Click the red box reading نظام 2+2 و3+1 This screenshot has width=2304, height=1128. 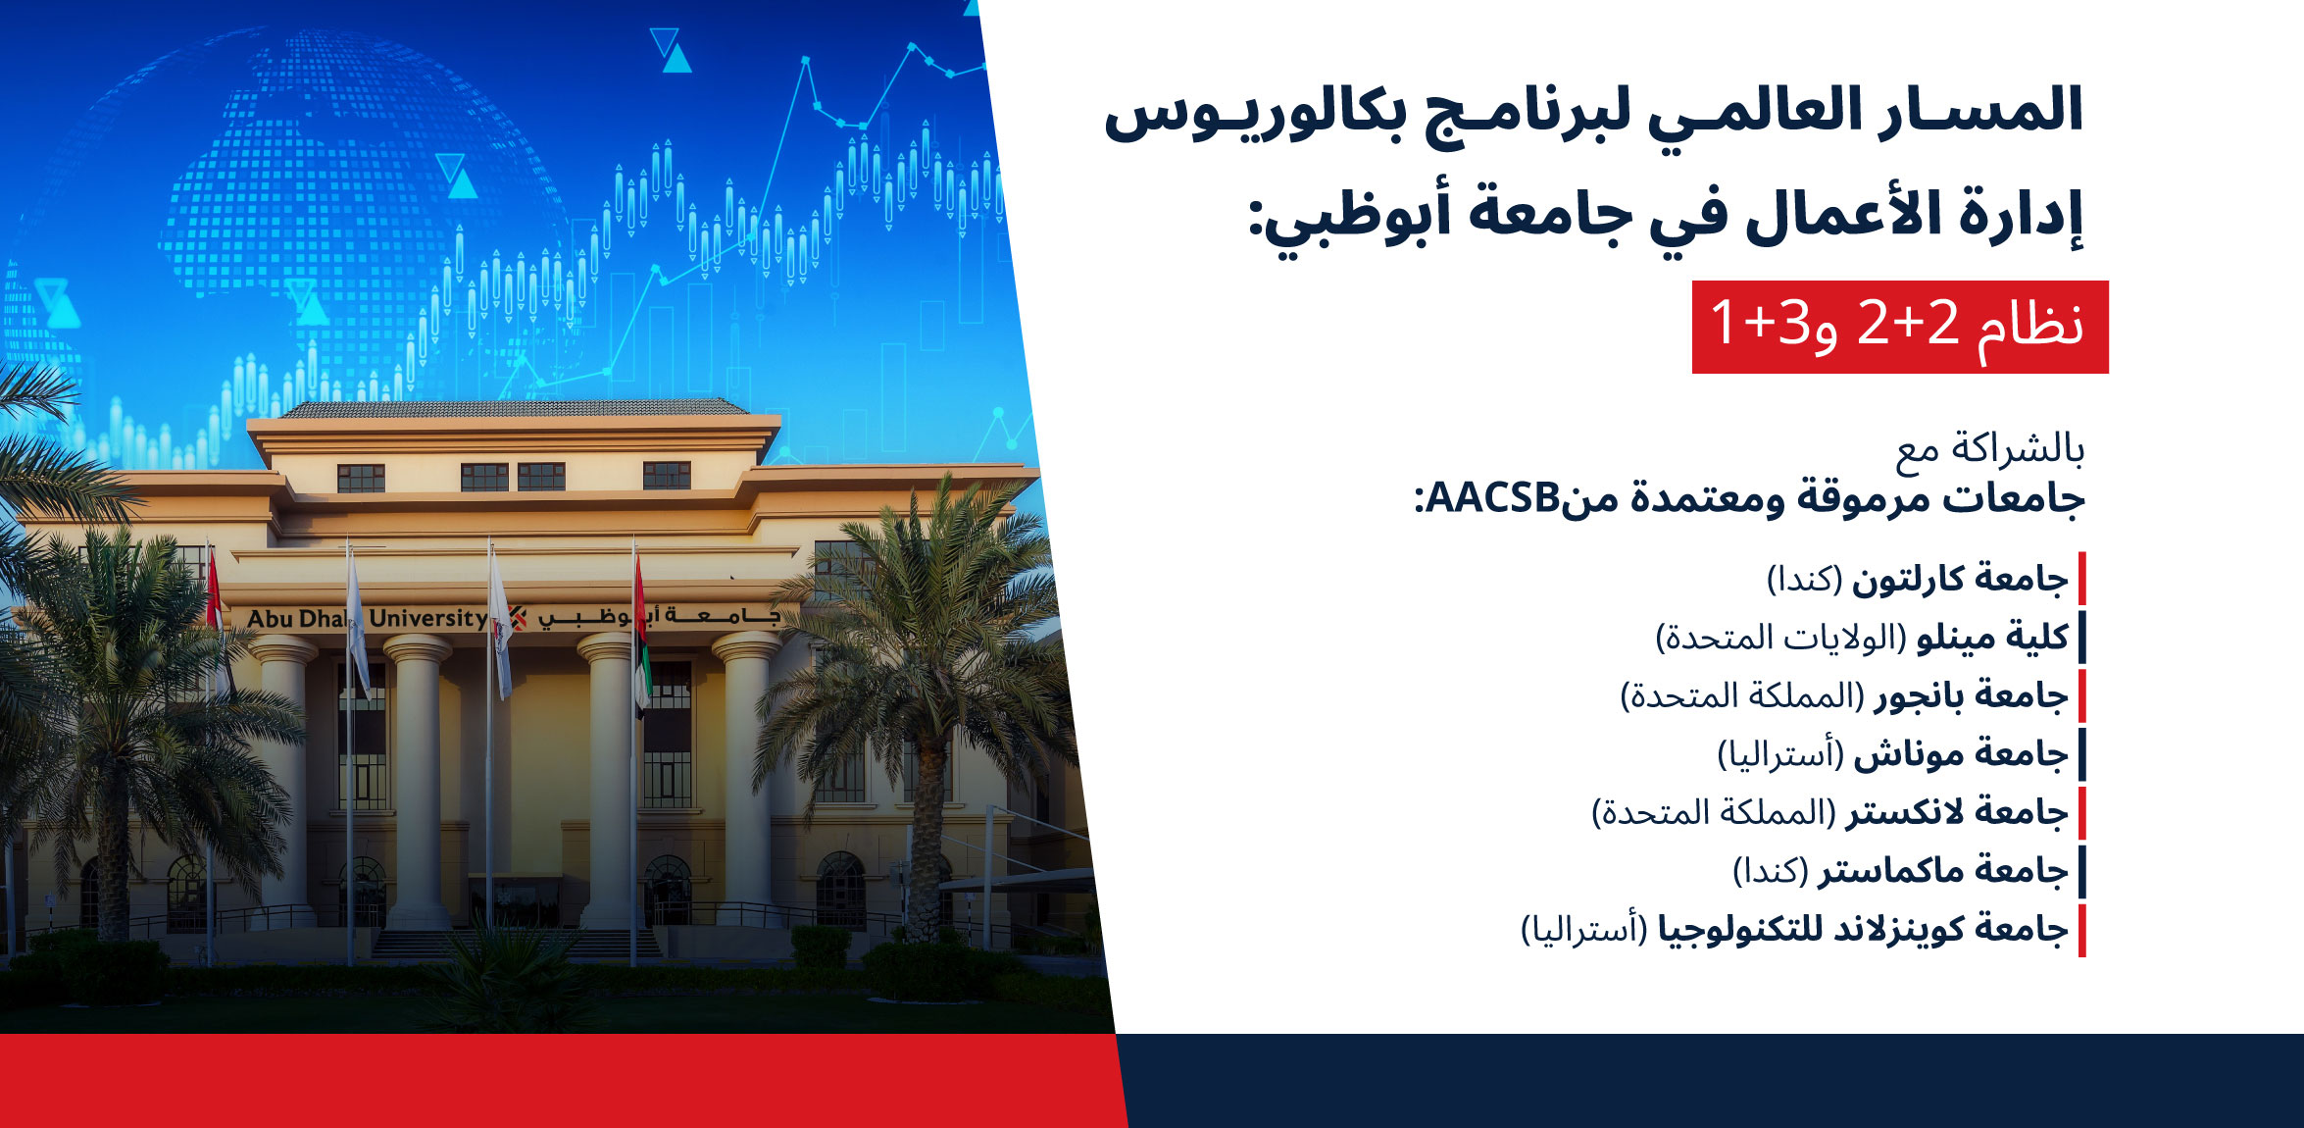pos(1900,327)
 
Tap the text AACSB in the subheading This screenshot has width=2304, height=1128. pos(1491,499)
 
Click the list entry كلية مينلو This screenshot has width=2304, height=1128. pos(1992,638)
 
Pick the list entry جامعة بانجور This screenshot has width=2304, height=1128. pos(1971,695)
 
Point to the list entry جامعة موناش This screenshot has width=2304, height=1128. pos(1961,753)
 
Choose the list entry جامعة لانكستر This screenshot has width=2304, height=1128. pos(1957,812)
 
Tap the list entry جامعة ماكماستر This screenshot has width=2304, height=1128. pos(1943,870)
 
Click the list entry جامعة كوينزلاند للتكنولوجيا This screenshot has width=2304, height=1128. pos(1863,928)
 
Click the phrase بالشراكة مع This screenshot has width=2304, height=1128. pos(1990,450)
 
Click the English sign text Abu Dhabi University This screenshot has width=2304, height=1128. pos(367,619)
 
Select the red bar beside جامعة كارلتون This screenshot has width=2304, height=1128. pos(2081,579)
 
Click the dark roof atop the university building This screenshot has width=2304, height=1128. pos(512,408)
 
